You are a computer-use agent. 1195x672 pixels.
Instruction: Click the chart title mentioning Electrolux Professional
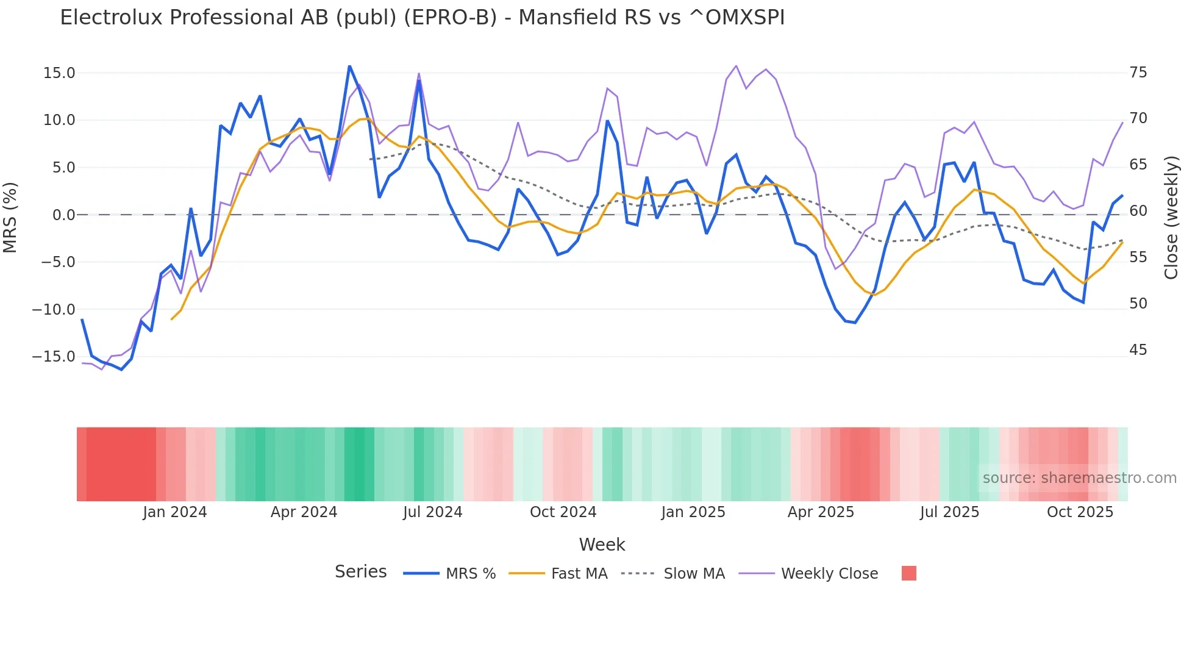[422, 18]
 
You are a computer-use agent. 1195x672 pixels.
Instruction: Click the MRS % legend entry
[470, 574]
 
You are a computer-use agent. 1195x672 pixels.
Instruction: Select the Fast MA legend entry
[579, 574]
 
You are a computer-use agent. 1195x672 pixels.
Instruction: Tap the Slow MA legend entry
[694, 574]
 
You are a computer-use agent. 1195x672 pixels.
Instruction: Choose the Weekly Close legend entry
[829, 574]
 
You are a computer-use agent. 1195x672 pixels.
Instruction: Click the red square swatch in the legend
[908, 573]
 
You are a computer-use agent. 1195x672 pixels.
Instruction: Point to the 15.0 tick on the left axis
[59, 73]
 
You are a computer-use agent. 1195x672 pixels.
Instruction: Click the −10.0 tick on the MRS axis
[54, 310]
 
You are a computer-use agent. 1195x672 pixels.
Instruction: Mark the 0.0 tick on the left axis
[63, 215]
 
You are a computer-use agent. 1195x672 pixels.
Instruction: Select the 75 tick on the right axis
[1138, 73]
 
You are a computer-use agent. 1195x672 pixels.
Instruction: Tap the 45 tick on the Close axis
[1138, 350]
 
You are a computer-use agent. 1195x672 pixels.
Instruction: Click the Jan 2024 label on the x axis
[175, 512]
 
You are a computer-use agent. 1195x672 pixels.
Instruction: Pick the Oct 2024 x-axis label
[563, 512]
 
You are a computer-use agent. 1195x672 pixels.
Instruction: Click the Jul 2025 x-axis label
[949, 512]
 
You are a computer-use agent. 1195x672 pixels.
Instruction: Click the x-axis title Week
[602, 545]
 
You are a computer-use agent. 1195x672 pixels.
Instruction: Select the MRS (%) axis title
[10, 217]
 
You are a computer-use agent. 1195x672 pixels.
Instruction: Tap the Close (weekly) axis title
[1171, 218]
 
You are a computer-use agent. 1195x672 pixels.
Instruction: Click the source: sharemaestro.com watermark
[1079, 478]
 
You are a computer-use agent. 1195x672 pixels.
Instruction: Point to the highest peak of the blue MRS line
[349, 66]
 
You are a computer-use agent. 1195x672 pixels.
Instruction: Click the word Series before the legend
[360, 572]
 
